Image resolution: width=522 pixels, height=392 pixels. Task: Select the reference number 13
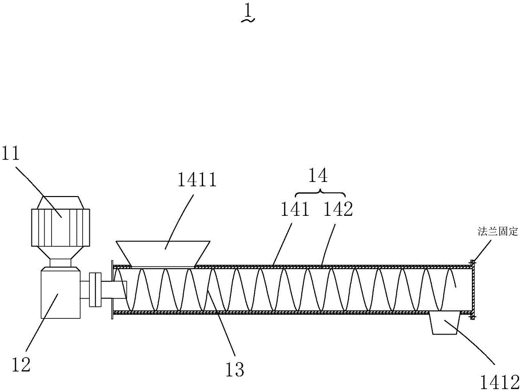tap(235, 370)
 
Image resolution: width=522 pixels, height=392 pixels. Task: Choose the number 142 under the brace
tap(337, 210)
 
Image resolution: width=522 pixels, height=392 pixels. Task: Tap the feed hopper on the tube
tap(163, 253)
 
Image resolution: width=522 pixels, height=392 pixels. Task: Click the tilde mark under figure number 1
tap(248, 21)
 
